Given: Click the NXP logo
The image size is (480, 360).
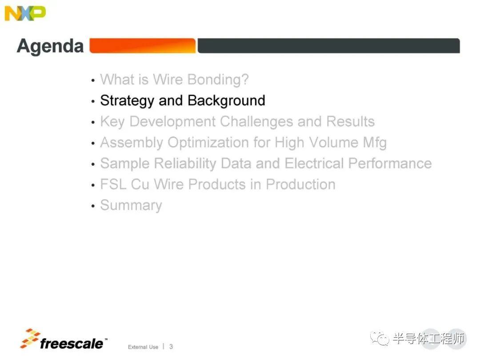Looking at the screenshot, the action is pyautogui.click(x=25, y=13).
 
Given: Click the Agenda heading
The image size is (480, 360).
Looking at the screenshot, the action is pyautogui.click(x=50, y=46).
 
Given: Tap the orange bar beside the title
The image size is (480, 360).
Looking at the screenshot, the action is pyautogui.click(x=142, y=46).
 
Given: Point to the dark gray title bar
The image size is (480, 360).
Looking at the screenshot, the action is pyautogui.click(x=329, y=46).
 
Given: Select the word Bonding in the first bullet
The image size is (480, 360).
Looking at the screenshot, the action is pyautogui.click(x=218, y=80).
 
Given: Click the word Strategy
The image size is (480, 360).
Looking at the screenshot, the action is pyautogui.click(x=127, y=101).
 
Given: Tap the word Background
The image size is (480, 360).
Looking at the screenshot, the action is pyautogui.click(x=226, y=100).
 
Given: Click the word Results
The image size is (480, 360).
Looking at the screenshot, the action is pyautogui.click(x=350, y=121).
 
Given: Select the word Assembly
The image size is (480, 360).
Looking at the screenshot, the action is pyautogui.click(x=132, y=143).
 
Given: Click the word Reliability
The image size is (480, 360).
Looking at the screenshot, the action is pyautogui.click(x=185, y=164).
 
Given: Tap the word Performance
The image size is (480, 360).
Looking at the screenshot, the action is pyautogui.click(x=390, y=163).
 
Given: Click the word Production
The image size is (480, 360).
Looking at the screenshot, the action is pyautogui.click(x=300, y=184).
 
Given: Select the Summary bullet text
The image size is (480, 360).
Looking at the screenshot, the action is pyautogui.click(x=131, y=205).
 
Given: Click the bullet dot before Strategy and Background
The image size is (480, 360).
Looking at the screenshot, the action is pyautogui.click(x=93, y=101).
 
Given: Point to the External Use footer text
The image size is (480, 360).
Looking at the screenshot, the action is pyautogui.click(x=143, y=347).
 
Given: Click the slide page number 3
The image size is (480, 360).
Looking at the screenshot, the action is pyautogui.click(x=171, y=347).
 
